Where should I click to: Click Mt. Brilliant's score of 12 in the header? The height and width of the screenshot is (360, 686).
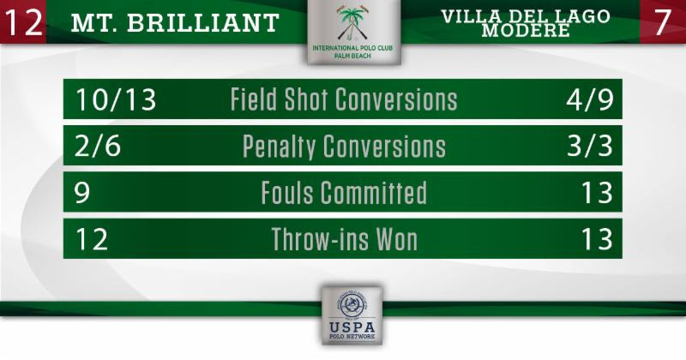click(x=23, y=22)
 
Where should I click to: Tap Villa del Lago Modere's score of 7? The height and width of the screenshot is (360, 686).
click(x=662, y=22)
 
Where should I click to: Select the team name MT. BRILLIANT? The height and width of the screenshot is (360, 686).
click(x=175, y=23)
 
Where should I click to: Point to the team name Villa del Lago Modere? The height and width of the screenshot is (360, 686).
click(x=526, y=23)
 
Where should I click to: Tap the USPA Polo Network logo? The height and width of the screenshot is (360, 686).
click(x=352, y=315)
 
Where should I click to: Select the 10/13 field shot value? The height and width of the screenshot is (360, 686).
click(x=116, y=99)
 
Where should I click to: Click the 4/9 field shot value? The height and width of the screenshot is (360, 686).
click(x=589, y=99)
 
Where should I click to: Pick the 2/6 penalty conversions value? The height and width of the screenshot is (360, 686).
click(x=98, y=146)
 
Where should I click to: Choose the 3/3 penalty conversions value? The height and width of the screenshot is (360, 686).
click(x=590, y=146)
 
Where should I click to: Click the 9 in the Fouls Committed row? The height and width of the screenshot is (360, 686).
click(x=82, y=193)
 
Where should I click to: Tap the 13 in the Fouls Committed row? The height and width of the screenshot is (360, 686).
click(x=596, y=193)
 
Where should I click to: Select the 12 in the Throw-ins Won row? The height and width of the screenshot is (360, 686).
click(x=92, y=239)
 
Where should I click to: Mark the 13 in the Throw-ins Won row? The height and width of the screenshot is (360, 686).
click(x=596, y=239)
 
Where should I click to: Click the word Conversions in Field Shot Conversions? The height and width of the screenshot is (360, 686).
click(x=396, y=99)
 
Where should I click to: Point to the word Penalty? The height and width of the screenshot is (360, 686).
click(x=279, y=147)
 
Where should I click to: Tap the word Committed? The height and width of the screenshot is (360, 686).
click(x=374, y=193)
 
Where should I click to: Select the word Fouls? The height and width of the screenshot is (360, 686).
click(x=287, y=193)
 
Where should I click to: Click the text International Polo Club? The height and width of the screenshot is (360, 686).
click(x=352, y=48)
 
